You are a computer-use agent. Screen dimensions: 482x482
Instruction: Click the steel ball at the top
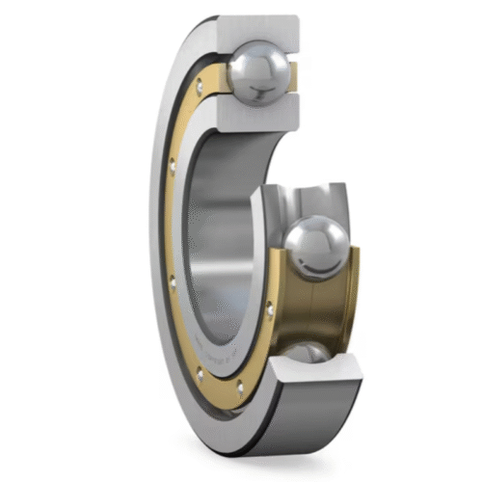(x=257, y=72)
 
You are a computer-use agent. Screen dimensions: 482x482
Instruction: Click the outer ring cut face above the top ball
(x=260, y=29)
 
